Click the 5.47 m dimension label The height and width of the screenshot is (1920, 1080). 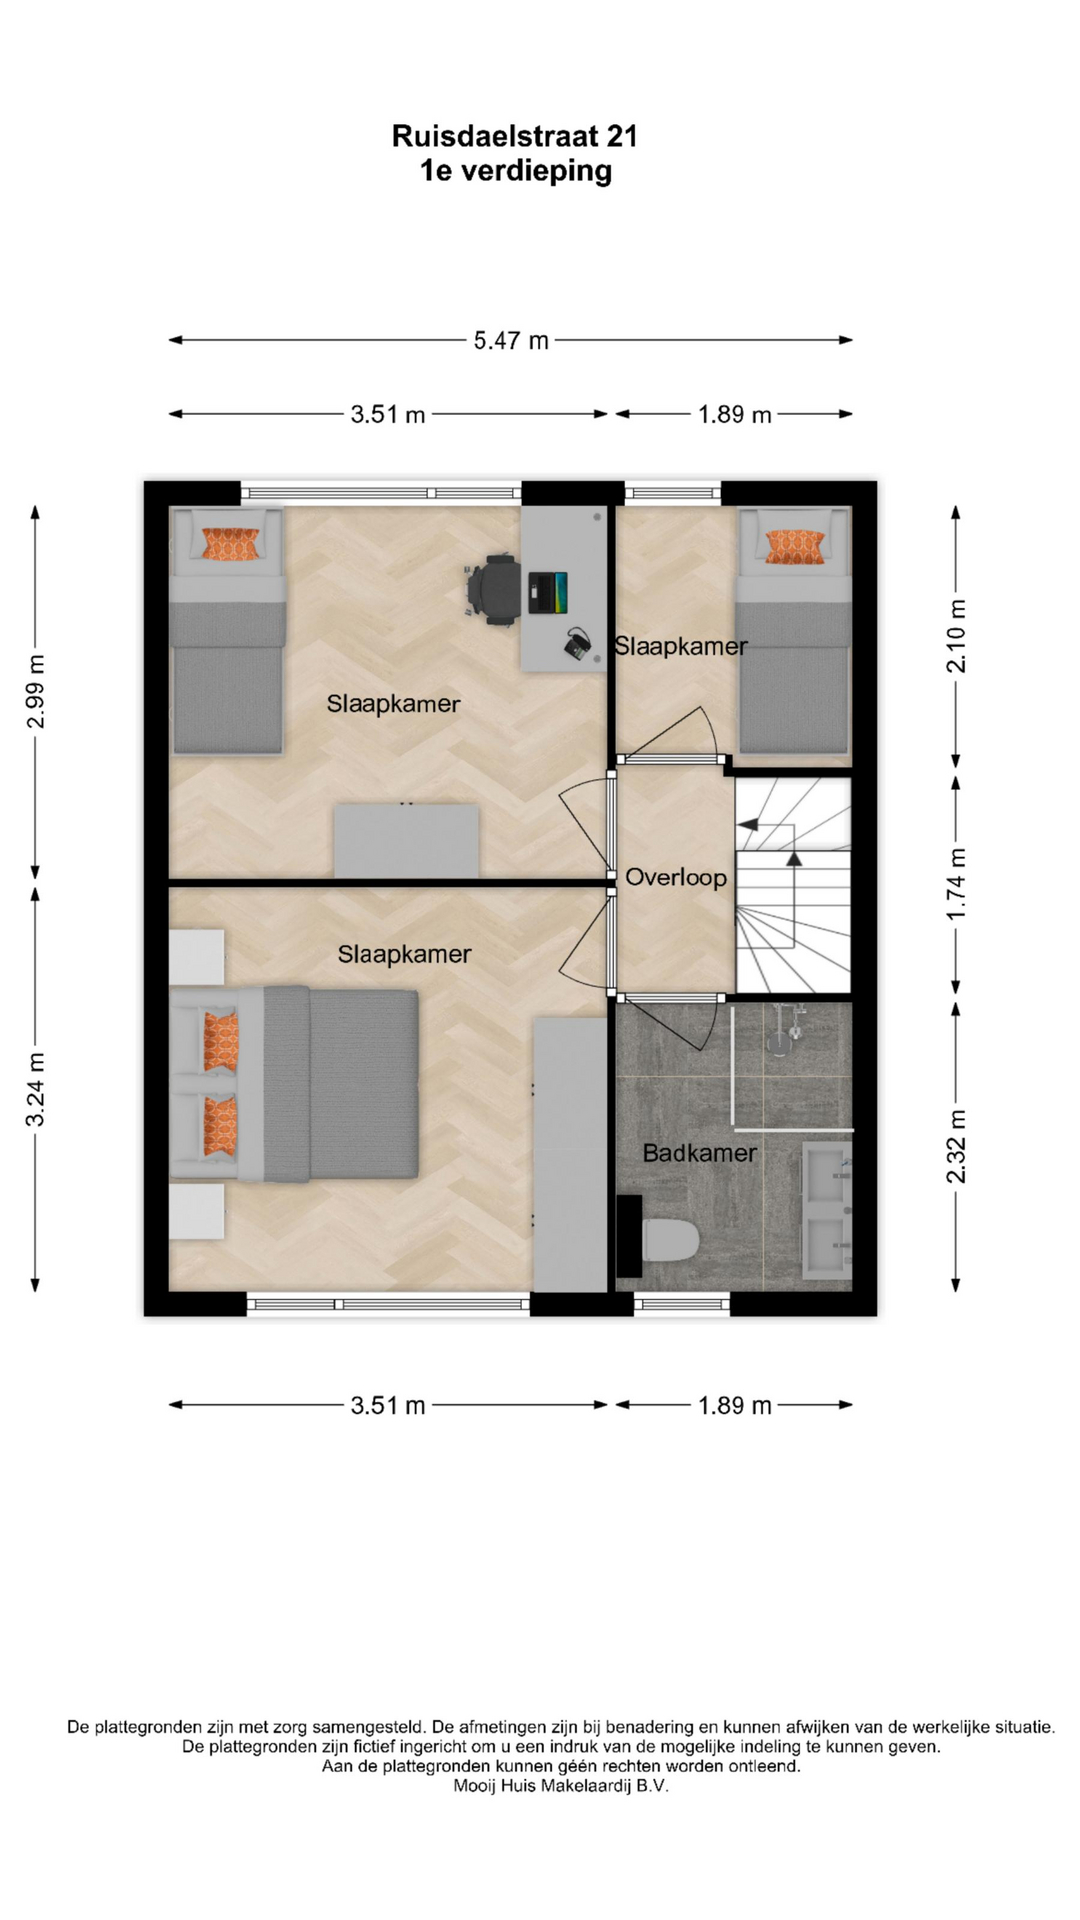click(x=511, y=341)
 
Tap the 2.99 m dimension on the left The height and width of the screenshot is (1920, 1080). click(x=35, y=692)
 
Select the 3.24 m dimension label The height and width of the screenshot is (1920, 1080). click(x=35, y=1089)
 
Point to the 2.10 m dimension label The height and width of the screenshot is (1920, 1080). click(x=957, y=635)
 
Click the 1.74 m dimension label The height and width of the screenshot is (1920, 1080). click(x=957, y=884)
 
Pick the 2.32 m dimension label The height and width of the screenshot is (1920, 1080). click(x=957, y=1146)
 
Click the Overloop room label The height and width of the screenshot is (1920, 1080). click(x=676, y=878)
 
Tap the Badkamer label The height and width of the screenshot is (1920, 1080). click(x=699, y=1153)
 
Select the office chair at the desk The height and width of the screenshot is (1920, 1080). click(x=494, y=589)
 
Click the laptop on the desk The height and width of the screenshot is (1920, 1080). click(x=547, y=591)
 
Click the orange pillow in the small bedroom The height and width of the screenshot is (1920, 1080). click(x=795, y=546)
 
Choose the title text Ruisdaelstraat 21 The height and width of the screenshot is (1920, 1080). click(x=514, y=136)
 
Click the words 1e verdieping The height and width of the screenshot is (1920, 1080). click(x=515, y=171)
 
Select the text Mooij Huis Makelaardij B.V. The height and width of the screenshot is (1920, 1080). click(x=561, y=1785)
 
